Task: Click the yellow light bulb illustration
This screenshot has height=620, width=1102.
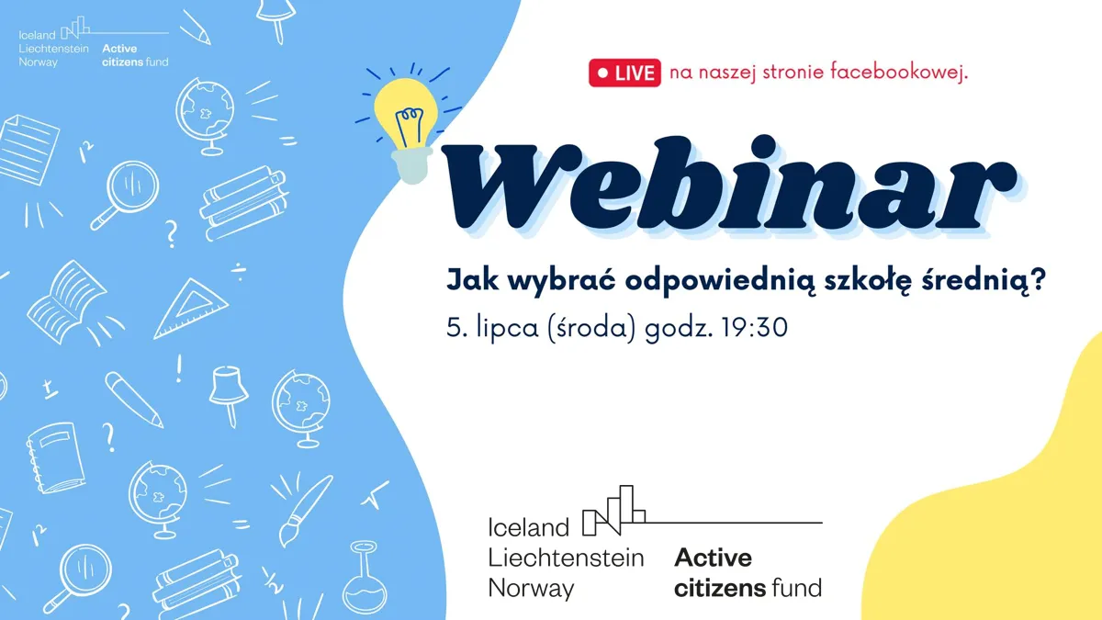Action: pos(406,128)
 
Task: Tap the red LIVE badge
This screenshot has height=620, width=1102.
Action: pos(624,73)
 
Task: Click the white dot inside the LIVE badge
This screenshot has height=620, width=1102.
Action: pos(602,73)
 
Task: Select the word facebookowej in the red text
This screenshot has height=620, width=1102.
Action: pos(899,72)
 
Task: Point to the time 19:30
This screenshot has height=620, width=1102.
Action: pos(753,327)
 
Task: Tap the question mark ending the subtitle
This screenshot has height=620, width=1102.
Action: pos(1038,279)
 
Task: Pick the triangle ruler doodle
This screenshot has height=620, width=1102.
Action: pos(191,309)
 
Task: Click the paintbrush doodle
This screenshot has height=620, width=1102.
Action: pos(305,511)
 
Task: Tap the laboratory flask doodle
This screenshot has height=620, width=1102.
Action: pos(365,577)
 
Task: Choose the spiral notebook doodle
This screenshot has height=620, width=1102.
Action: pos(56,458)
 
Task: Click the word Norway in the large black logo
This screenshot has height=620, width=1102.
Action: pos(532,589)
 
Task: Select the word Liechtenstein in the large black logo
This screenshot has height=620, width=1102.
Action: pos(566,558)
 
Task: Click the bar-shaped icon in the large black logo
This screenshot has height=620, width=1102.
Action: pos(613,511)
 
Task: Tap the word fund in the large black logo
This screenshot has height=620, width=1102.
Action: pos(797,588)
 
